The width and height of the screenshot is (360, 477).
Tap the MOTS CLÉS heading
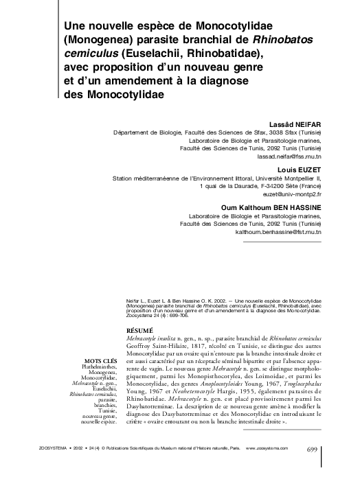click(98, 360)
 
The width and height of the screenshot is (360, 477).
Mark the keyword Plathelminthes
click(97, 367)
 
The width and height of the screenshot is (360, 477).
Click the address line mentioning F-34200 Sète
click(260, 186)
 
